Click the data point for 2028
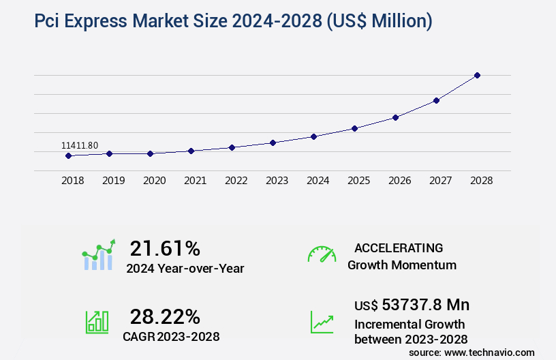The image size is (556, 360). tap(477, 75)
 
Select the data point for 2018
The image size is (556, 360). tap(68, 155)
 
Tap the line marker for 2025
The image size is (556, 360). tap(354, 128)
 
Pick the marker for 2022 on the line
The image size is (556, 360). tap(232, 147)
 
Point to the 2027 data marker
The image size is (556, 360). tap(436, 100)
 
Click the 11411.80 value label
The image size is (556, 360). tap(80, 145)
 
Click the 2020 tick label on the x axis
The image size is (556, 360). tap(155, 181)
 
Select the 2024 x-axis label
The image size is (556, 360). tap(318, 181)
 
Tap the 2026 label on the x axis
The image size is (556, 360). tap(399, 181)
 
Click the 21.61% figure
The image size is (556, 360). tap(165, 248)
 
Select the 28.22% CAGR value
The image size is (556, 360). tap(165, 316)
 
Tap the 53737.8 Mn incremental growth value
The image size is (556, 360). tap(412, 304)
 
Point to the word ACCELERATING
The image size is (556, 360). tap(399, 248)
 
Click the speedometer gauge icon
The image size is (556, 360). tap(322, 254)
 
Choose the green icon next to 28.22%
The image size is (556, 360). tap(97, 322)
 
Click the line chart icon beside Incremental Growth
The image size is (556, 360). tap(322, 322)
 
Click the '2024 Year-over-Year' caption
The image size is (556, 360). tap(185, 269)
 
